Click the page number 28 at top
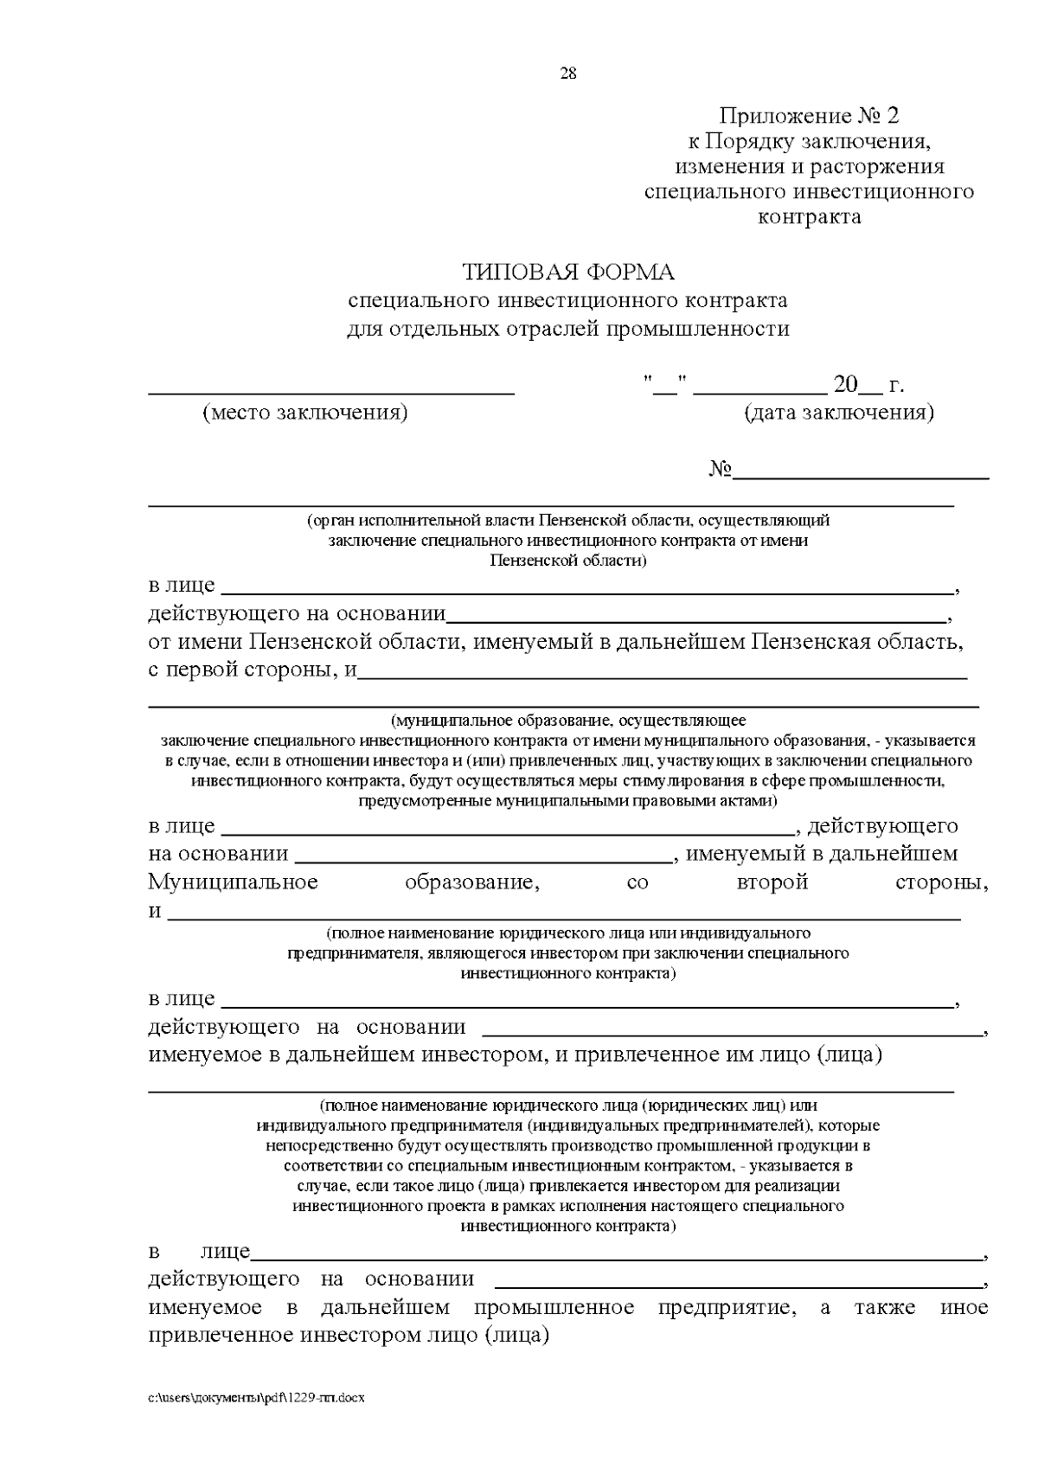[568, 74]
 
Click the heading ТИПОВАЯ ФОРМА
[567, 272]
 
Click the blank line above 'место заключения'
[333, 391]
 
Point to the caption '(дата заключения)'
[838, 413]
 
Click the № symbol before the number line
[721, 470]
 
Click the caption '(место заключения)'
[304, 413]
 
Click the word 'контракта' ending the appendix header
[809, 216]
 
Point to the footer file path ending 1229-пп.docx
[256, 1398]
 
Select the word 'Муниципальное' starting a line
[233, 882]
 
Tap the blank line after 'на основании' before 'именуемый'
[484, 860]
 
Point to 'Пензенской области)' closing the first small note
[567, 561]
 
